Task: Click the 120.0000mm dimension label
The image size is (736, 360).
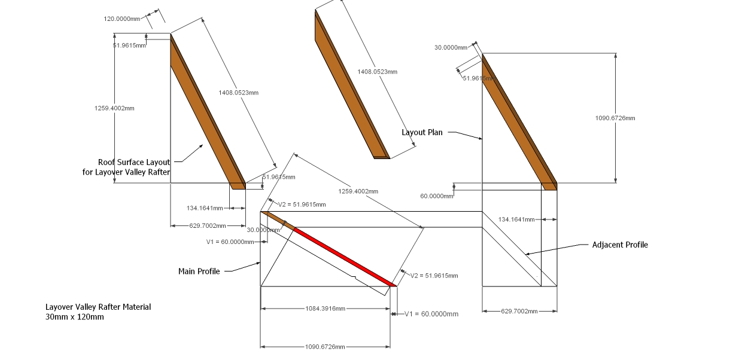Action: click(x=122, y=19)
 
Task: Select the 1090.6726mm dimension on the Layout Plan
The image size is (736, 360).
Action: click(x=615, y=118)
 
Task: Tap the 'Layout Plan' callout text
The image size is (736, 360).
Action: click(x=422, y=132)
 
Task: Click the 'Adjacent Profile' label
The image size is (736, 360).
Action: click(x=619, y=245)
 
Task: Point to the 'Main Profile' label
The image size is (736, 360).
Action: click(x=199, y=271)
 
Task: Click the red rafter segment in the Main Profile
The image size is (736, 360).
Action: click(x=344, y=257)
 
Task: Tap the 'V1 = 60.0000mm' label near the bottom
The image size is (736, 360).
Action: click(x=431, y=314)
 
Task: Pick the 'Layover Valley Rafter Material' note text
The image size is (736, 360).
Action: click(x=98, y=307)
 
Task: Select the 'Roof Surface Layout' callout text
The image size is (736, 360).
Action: click(x=134, y=162)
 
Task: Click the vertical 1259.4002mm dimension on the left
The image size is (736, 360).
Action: click(x=114, y=108)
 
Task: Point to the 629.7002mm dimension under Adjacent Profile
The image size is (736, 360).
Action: click(x=519, y=311)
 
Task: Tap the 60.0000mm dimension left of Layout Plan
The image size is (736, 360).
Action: click(x=436, y=196)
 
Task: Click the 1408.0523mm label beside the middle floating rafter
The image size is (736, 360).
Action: click(x=377, y=72)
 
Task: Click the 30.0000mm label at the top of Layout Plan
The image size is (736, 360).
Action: click(x=451, y=48)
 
